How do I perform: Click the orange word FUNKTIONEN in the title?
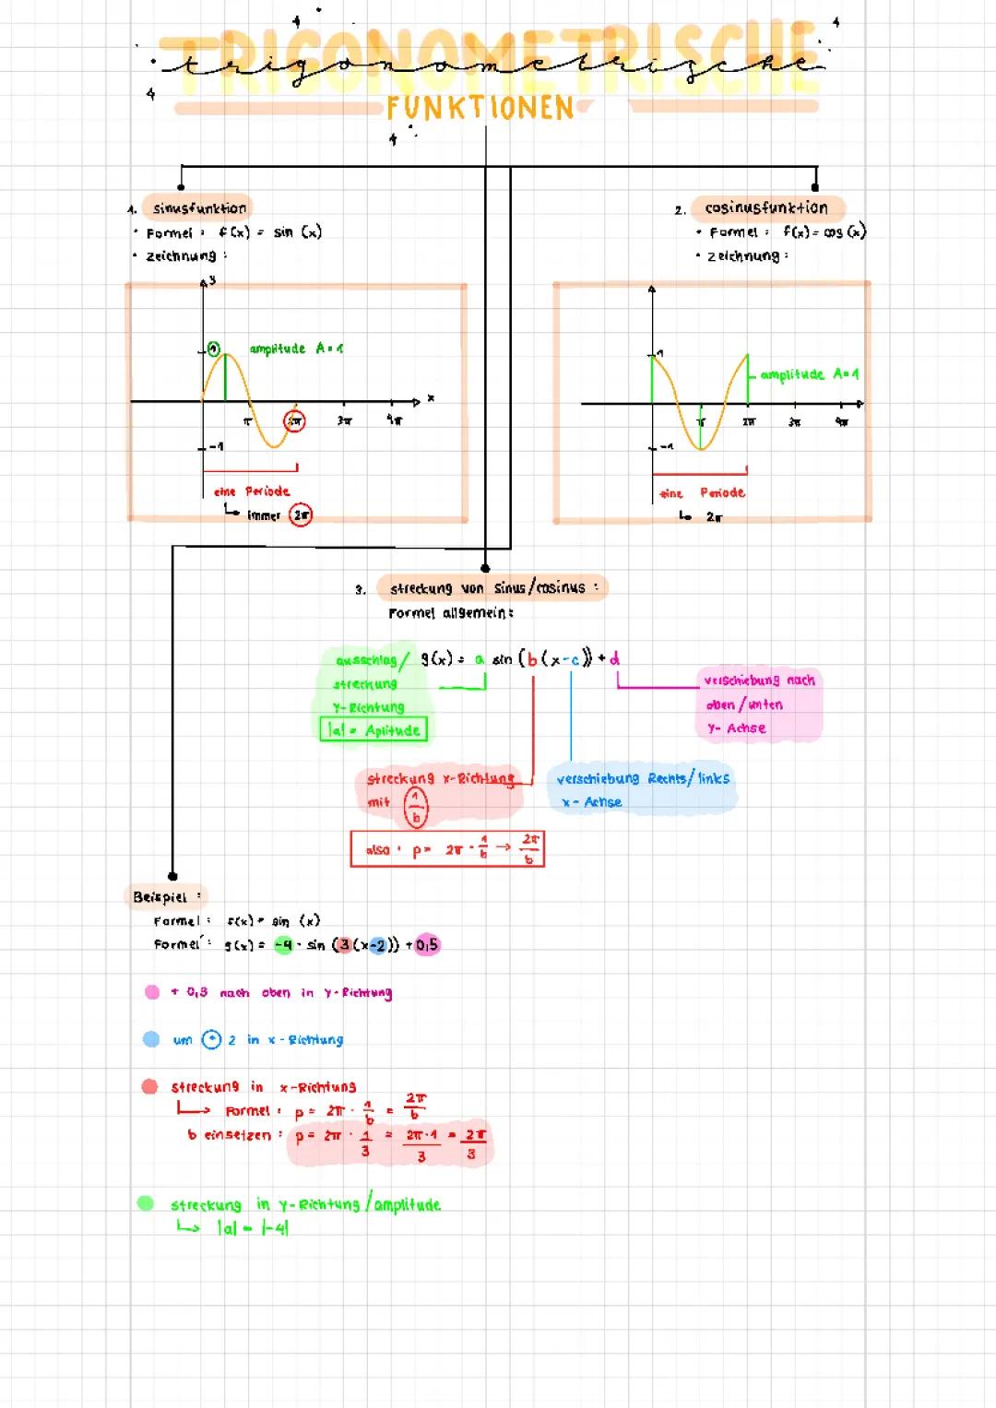tap(480, 108)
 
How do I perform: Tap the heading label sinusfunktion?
tap(199, 208)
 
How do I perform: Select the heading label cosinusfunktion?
tap(766, 208)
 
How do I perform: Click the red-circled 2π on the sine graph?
tap(294, 420)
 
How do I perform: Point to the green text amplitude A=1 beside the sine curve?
tap(296, 349)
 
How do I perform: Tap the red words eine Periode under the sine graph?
tap(252, 491)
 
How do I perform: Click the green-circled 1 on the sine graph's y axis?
tap(213, 349)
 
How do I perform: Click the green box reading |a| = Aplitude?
tap(373, 730)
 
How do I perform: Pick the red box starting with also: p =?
tap(447, 849)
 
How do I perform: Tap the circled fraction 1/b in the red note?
tap(416, 807)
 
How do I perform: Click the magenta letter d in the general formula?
tap(614, 658)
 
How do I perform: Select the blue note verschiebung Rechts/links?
tap(642, 788)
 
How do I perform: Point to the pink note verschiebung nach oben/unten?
tap(758, 704)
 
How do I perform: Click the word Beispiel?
tap(160, 896)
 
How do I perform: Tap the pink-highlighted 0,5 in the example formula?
tap(426, 945)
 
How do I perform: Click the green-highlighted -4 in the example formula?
tap(284, 945)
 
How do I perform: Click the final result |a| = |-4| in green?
tap(253, 1228)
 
